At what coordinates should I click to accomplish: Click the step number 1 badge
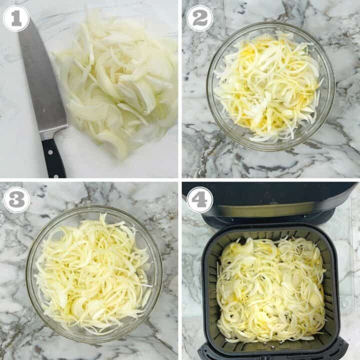[16, 18]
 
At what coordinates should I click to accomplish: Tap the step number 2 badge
[199, 18]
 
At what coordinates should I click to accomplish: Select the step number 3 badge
[16, 200]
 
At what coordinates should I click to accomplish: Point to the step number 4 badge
[199, 200]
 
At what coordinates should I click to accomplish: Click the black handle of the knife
[53, 157]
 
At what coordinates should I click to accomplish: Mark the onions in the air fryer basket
[270, 290]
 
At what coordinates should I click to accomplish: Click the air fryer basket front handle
[272, 353]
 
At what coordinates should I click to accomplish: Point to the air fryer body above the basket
[270, 200]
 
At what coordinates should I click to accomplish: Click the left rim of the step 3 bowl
[28, 272]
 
